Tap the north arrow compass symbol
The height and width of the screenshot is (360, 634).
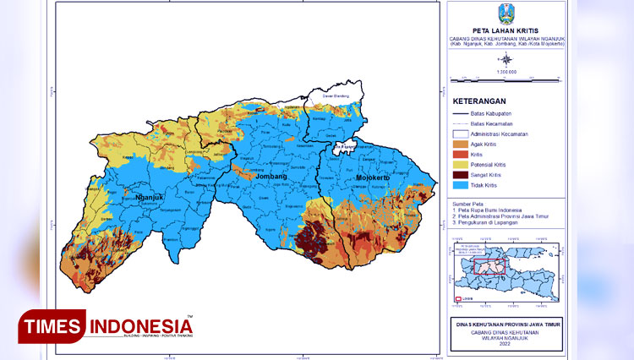[506, 58]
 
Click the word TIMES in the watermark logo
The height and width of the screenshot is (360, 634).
[52, 325]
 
